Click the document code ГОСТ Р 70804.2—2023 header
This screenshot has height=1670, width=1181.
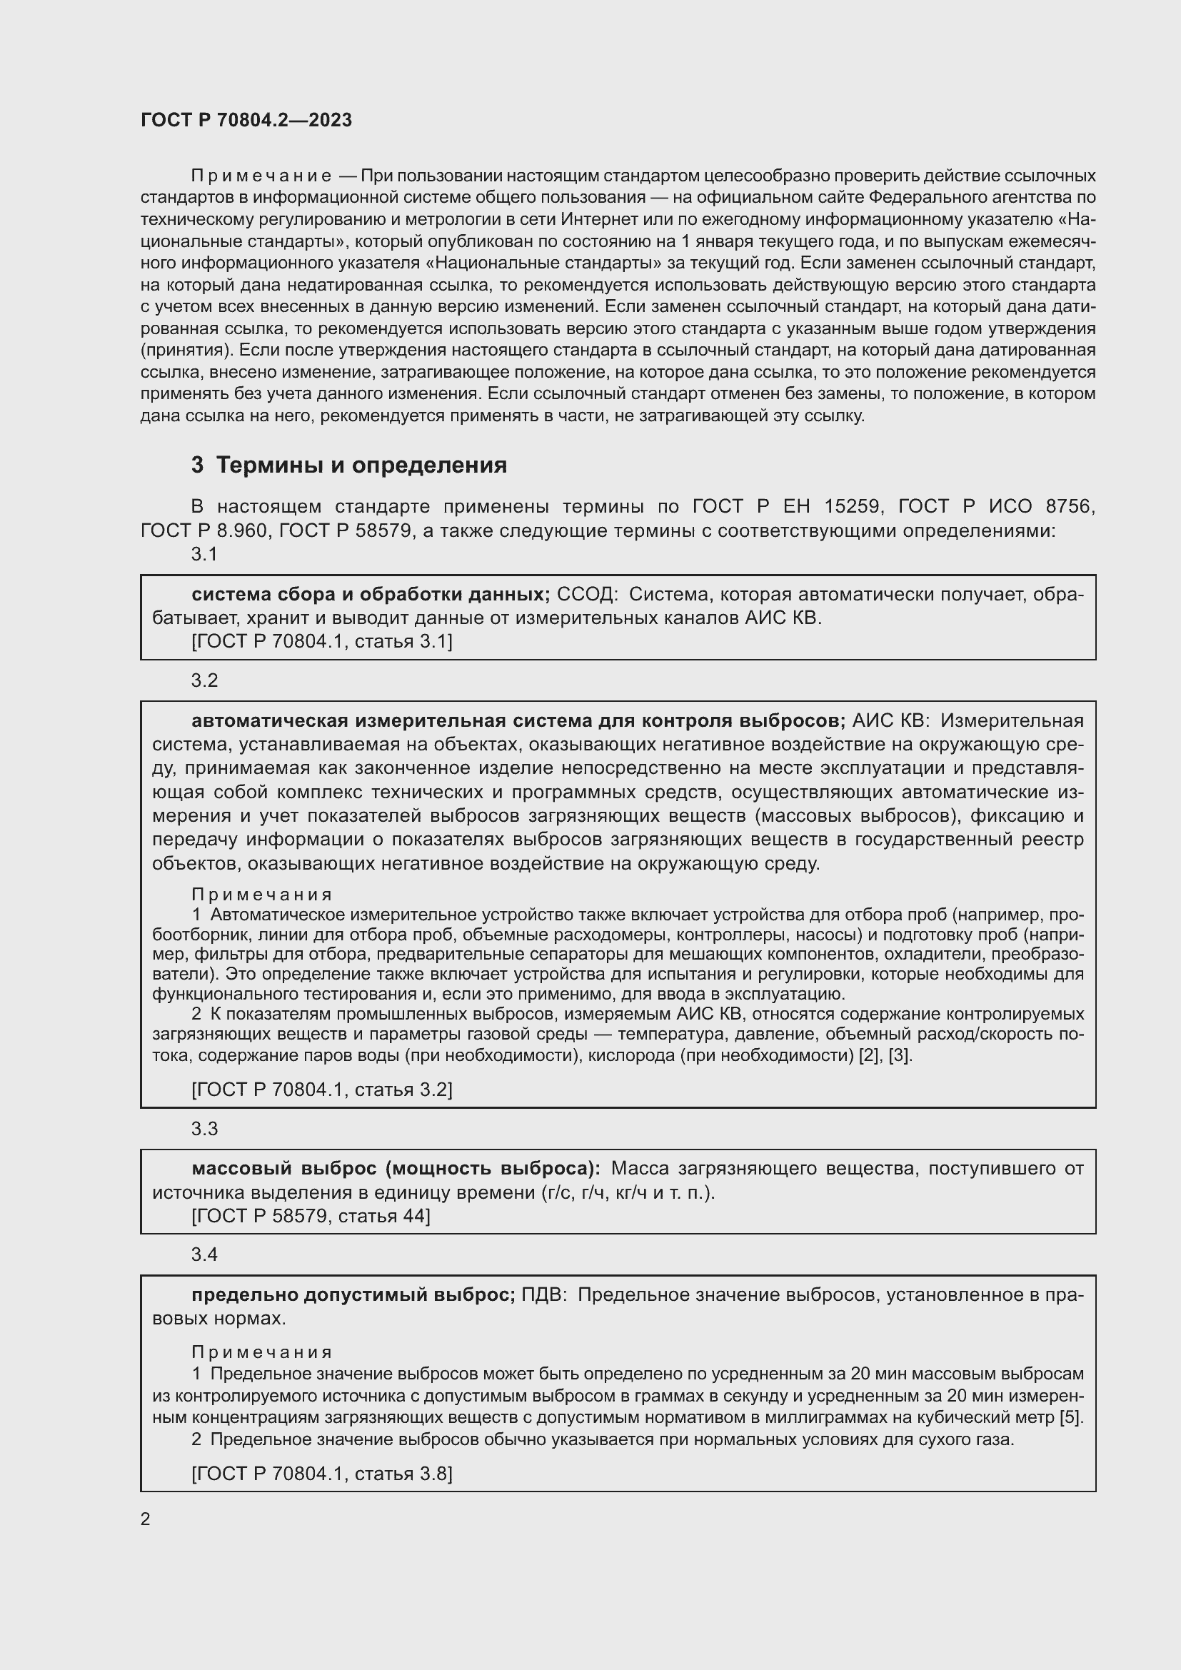pyautogui.click(x=246, y=120)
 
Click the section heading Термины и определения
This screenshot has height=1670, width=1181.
pyautogui.click(x=361, y=465)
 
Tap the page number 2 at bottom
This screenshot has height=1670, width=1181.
pyautogui.click(x=146, y=1519)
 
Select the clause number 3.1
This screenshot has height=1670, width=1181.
pyautogui.click(x=204, y=554)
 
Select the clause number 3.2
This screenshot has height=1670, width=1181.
pyautogui.click(x=204, y=680)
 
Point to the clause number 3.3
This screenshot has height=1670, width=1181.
pyautogui.click(x=204, y=1128)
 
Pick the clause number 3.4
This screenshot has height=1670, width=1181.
pyautogui.click(x=204, y=1254)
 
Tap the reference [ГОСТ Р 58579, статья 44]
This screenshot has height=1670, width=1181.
pyautogui.click(x=311, y=1215)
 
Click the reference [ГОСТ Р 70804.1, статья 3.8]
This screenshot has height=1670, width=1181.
pyautogui.click(x=321, y=1474)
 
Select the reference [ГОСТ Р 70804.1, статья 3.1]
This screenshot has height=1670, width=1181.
pyautogui.click(x=321, y=642)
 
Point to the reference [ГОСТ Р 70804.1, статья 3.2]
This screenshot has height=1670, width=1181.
pyautogui.click(x=321, y=1089)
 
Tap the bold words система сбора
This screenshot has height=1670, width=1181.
pyautogui.click(x=247, y=594)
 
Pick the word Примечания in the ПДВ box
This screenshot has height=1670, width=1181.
pyautogui.click(x=262, y=1352)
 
